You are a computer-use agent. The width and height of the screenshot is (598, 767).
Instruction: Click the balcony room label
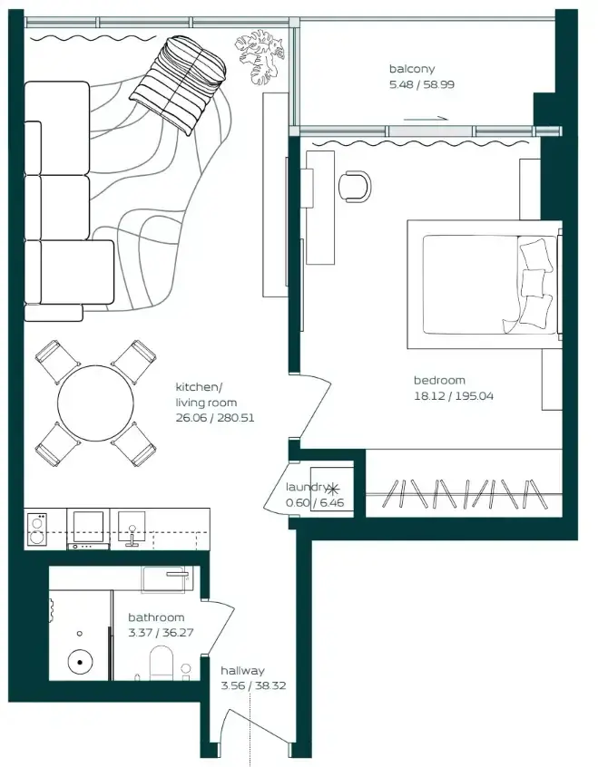[412, 69]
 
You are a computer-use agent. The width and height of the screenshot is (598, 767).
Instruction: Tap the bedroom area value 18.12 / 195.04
[454, 395]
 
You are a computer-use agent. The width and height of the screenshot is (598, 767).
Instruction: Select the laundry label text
[307, 487]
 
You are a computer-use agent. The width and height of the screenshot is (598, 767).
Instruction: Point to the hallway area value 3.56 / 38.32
[253, 685]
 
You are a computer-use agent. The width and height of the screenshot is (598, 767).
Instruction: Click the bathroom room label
[156, 617]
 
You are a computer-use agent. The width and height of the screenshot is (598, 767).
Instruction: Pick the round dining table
[95, 403]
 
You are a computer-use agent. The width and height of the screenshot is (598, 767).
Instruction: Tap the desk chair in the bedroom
[355, 186]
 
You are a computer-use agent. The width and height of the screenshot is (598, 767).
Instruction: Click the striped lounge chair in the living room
[178, 85]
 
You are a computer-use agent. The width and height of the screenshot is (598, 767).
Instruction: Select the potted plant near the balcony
[260, 56]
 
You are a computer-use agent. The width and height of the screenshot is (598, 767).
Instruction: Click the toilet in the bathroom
[162, 664]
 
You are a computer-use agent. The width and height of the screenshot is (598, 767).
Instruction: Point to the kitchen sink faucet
[132, 536]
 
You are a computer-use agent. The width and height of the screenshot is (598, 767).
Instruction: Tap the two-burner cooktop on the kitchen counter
[36, 529]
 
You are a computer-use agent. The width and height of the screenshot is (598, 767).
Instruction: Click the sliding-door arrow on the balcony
[426, 119]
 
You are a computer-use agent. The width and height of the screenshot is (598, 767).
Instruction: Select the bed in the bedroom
[485, 284]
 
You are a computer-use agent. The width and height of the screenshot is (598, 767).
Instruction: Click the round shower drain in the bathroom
[79, 663]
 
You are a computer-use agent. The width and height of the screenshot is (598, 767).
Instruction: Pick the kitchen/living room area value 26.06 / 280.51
[215, 418]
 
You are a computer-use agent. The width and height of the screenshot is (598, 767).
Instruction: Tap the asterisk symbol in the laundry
[333, 489]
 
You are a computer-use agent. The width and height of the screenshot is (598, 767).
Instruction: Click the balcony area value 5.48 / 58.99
[422, 84]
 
